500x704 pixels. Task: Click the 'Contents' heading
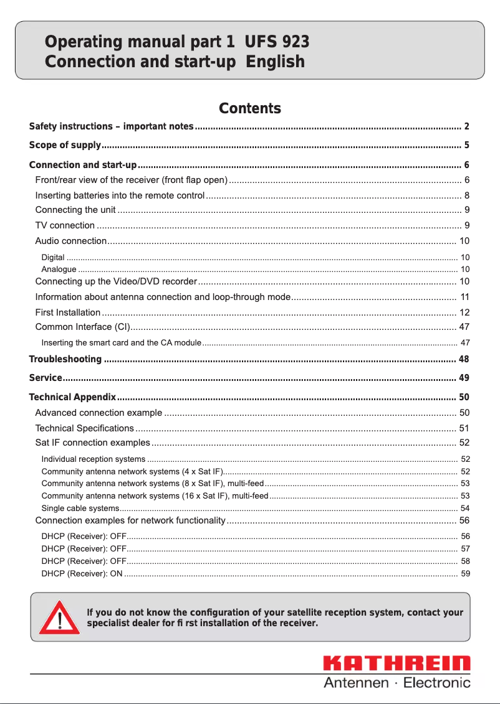click(250, 108)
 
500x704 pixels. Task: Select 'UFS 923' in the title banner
click(277, 42)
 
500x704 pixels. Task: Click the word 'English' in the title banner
click(275, 62)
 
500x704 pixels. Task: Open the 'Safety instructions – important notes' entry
click(111, 126)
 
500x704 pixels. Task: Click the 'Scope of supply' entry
click(65, 146)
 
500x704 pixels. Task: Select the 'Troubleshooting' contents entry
click(65, 359)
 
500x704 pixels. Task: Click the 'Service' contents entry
click(46, 378)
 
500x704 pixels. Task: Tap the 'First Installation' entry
click(67, 312)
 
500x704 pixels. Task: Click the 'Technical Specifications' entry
click(84, 428)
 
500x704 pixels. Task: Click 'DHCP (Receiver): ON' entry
click(82, 573)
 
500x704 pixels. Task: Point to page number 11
click(464, 297)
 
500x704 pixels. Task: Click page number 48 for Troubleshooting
click(463, 359)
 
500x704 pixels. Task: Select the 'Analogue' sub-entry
click(59, 270)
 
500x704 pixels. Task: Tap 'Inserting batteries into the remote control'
click(120, 195)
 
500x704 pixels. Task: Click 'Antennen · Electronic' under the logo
click(397, 683)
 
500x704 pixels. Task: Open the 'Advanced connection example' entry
click(99, 413)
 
